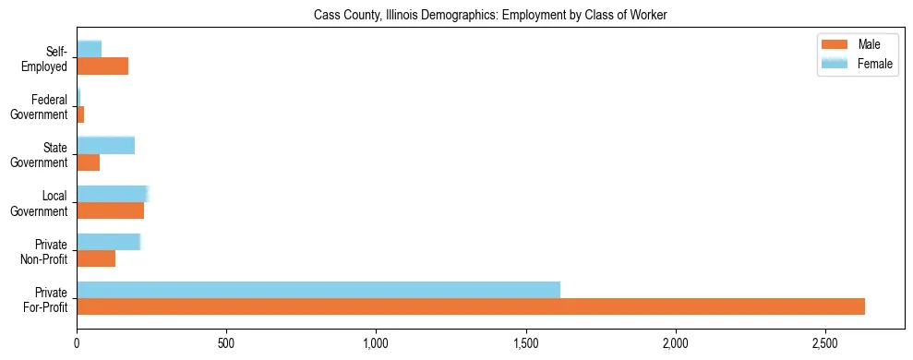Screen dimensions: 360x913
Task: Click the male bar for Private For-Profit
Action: (x=471, y=306)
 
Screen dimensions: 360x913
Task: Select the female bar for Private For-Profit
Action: (x=318, y=289)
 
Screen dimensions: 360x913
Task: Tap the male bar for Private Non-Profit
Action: (x=96, y=258)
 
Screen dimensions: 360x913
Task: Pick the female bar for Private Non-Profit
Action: (x=108, y=242)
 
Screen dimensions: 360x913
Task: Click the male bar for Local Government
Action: (x=110, y=210)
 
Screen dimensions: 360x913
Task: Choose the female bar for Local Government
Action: (x=113, y=193)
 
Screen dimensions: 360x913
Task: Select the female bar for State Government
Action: (x=105, y=145)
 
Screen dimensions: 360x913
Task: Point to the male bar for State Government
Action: (x=88, y=162)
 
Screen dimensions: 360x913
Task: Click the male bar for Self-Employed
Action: (x=102, y=66)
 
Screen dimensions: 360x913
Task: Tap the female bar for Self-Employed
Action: (x=89, y=49)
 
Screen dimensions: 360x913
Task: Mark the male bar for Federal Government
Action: (x=80, y=114)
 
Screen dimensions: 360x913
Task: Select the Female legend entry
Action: (x=855, y=63)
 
